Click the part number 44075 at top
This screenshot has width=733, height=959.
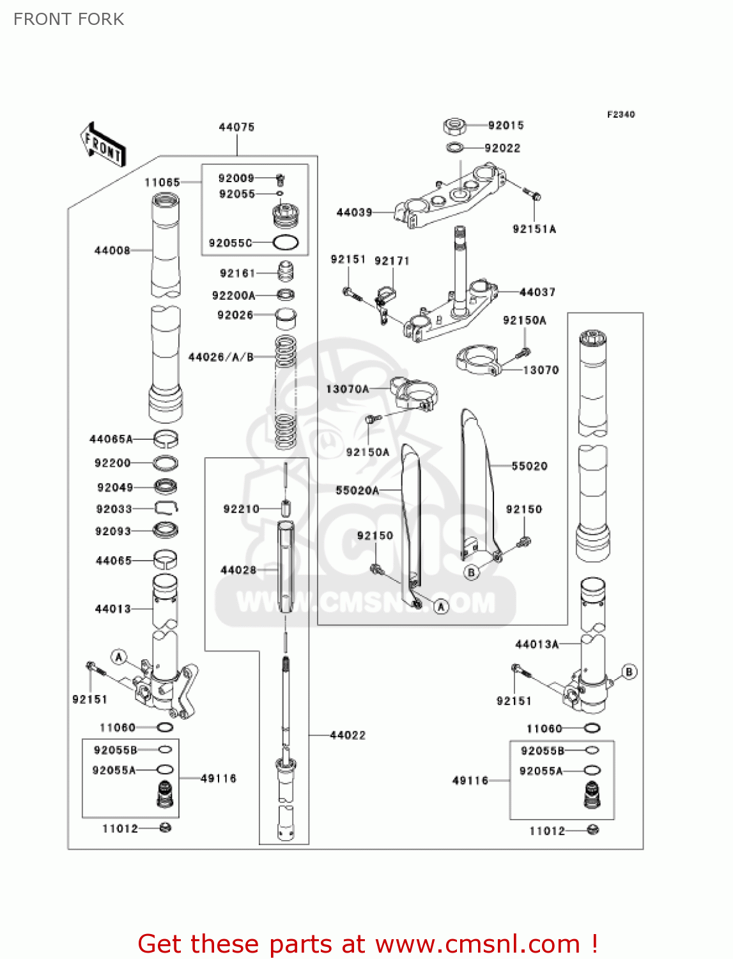[236, 127]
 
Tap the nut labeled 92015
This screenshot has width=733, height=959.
[454, 126]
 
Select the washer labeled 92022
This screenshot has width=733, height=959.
[454, 148]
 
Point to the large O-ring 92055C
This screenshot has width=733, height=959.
[285, 243]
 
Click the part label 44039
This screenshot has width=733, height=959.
[354, 212]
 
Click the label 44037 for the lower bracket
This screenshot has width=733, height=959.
[537, 292]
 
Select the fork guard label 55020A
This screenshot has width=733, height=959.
[357, 490]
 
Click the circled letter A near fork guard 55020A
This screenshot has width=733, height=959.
[441, 606]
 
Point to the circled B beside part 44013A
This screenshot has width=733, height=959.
[629, 672]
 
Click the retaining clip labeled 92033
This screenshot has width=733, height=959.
[166, 508]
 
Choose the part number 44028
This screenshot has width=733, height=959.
[238, 570]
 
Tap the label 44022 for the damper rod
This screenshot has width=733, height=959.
[348, 735]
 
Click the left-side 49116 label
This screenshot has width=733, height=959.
[218, 779]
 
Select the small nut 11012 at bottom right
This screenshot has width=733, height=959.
[592, 830]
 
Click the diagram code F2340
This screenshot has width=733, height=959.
[621, 114]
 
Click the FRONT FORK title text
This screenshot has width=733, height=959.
[69, 19]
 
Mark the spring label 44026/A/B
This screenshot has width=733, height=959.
[220, 357]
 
